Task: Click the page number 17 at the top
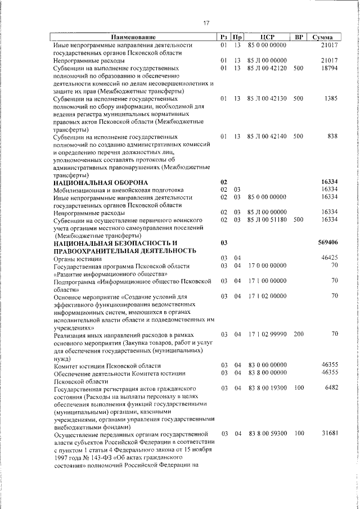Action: click(206, 23)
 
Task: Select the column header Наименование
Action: click(133, 37)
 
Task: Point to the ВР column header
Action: click(299, 37)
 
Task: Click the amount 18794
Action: click(328, 67)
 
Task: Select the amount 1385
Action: click(331, 98)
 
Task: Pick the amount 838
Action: click(332, 136)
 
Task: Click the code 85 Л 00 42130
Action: click(267, 98)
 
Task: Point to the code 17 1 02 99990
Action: click(267, 334)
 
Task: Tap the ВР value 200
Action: click(298, 334)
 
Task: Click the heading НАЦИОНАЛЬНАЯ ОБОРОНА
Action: click(100, 183)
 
